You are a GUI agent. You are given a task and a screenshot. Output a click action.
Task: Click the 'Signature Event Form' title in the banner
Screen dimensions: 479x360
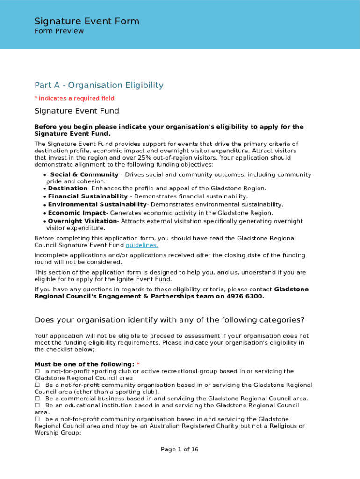(86, 21)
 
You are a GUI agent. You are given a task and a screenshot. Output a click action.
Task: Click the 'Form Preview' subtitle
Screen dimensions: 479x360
(59, 31)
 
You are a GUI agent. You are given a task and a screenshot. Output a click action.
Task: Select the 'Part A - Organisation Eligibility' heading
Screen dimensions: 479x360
(99, 85)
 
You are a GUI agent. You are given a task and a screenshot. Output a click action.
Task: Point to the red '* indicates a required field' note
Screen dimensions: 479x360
(74, 98)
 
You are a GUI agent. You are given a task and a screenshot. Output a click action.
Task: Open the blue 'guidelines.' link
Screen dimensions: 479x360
(142, 245)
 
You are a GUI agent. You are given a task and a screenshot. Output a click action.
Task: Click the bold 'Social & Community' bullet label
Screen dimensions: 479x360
(84, 174)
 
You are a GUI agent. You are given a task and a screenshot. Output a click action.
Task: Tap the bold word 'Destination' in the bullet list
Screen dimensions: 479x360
(68, 188)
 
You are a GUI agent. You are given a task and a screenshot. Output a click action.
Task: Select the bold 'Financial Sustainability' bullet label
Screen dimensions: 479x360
(87, 196)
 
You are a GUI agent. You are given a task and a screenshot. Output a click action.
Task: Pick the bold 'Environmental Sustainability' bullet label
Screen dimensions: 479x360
(97, 204)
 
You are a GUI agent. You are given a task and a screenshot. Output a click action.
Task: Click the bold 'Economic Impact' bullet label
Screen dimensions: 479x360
(77, 213)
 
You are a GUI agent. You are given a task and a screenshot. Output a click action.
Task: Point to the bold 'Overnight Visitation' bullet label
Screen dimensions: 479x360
(82, 221)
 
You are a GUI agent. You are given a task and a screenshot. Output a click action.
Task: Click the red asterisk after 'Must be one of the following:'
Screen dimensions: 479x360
(138, 364)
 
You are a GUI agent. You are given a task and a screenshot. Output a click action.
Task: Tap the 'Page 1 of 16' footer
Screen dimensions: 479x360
(180, 450)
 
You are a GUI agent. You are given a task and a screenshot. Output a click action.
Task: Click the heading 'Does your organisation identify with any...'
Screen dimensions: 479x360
(169, 320)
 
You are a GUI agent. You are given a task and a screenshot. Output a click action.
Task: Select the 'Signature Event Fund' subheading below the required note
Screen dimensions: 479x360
(77, 111)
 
